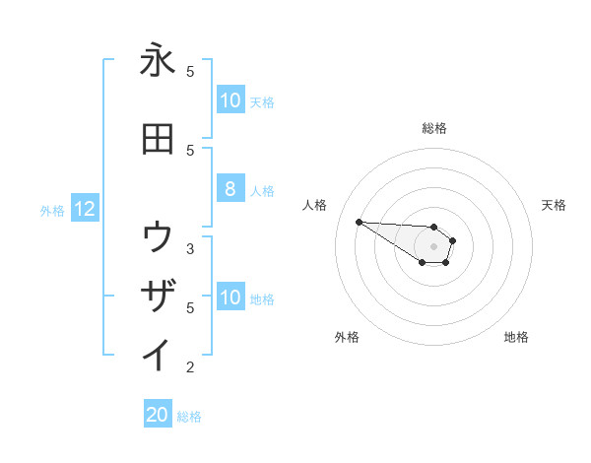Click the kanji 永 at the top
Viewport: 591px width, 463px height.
pos(158,60)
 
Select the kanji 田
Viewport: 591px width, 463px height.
pos(158,140)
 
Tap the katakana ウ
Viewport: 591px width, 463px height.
pos(158,237)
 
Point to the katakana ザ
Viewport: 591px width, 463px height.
pos(158,297)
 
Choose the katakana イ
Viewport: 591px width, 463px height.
pos(158,355)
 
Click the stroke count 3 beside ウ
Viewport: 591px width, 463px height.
pos(190,248)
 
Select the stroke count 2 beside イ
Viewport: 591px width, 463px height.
pos(190,367)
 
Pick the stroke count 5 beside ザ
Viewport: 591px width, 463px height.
pos(190,307)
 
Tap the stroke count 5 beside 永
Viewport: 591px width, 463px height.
pos(190,71)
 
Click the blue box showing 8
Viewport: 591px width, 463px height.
pos(230,189)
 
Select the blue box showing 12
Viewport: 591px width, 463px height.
pos(85,209)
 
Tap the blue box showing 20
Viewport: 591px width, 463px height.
pos(158,416)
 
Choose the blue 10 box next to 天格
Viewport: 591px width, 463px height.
pos(230,100)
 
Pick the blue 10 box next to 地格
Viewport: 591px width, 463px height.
pos(230,298)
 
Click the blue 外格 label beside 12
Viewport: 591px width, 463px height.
pos(52,210)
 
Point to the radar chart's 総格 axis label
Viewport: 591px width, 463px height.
pos(434,128)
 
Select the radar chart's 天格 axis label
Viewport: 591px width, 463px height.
pos(554,205)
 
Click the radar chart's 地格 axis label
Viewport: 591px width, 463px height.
pos(516,337)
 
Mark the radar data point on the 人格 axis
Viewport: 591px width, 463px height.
pos(359,222)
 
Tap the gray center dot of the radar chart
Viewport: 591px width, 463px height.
pos(434,246)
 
